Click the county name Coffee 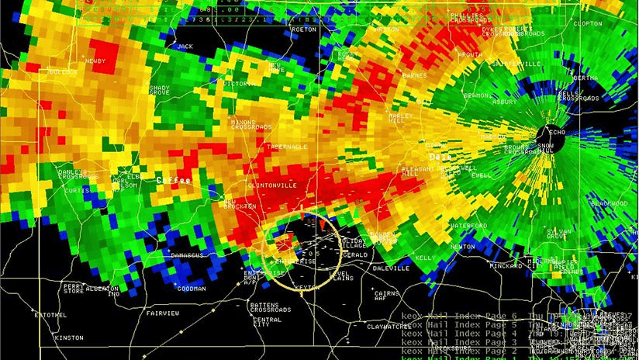(x=173, y=179)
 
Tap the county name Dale (x=440, y=156)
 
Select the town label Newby (x=95, y=61)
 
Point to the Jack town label (x=185, y=47)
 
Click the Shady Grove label (x=159, y=91)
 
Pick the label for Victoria (x=238, y=83)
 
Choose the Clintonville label (x=271, y=186)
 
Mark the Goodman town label (x=192, y=289)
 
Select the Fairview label (x=163, y=313)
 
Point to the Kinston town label (x=68, y=337)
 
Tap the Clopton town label (x=586, y=24)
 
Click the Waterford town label (x=469, y=226)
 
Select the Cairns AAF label (x=385, y=296)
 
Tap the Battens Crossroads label (x=271, y=307)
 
